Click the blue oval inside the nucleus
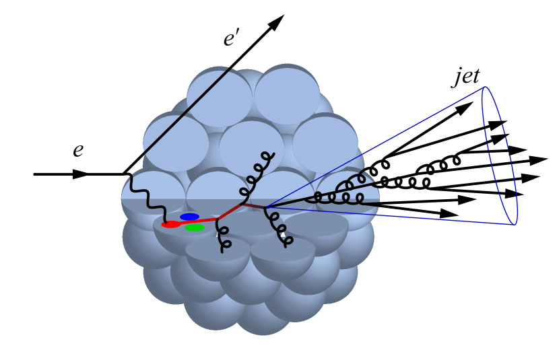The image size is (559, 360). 189,217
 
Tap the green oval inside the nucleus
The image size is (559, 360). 195,227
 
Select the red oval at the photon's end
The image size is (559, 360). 171,224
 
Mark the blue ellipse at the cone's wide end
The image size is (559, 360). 500,155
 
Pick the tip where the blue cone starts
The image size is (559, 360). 265,207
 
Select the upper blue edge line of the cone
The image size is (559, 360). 377,146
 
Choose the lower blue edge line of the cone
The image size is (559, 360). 391,216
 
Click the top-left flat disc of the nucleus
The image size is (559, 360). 219,98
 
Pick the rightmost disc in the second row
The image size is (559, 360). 325,144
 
